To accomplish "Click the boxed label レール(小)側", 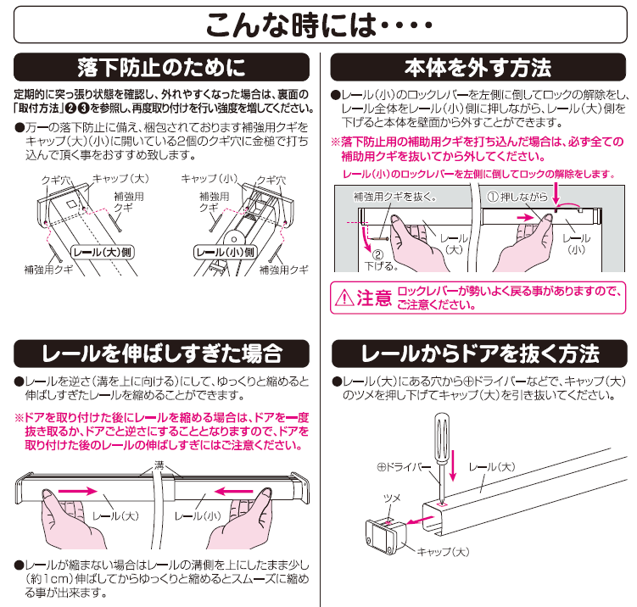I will (225, 252).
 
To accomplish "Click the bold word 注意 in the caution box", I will (373, 298).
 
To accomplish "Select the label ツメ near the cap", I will (392, 498).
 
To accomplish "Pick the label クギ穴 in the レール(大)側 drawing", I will (56, 180).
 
